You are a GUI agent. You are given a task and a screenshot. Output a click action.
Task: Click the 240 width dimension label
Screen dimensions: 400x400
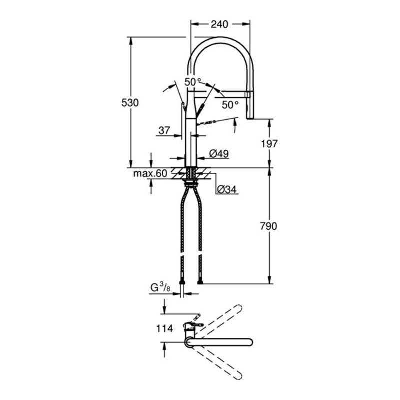click(x=220, y=23)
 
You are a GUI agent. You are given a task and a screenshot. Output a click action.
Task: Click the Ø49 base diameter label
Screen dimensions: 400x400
click(x=219, y=154)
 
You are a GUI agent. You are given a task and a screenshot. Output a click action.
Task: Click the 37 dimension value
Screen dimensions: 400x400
click(x=164, y=130)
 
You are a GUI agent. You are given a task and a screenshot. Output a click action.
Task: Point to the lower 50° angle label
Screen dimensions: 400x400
click(x=230, y=105)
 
